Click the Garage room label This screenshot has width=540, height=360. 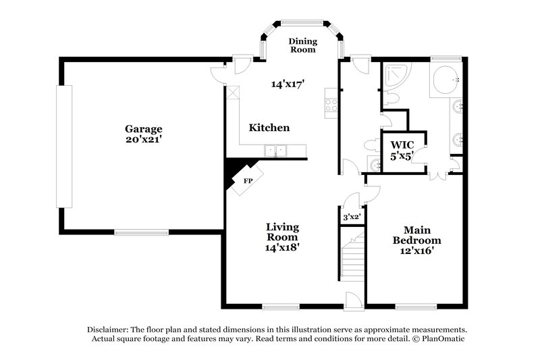tap(143, 128)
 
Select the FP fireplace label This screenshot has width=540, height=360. tap(248, 181)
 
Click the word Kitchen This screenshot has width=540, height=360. tap(269, 128)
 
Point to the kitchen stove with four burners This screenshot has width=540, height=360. tap(331, 105)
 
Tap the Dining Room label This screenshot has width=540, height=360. tap(302, 45)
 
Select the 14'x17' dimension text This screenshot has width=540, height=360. tap(288, 84)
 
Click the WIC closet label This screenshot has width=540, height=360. tap(402, 145)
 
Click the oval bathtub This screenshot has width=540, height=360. tap(446, 80)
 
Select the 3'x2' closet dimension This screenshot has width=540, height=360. tap(351, 217)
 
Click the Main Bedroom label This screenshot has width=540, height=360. tap(422, 235)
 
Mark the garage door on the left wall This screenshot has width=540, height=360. tap(64, 146)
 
